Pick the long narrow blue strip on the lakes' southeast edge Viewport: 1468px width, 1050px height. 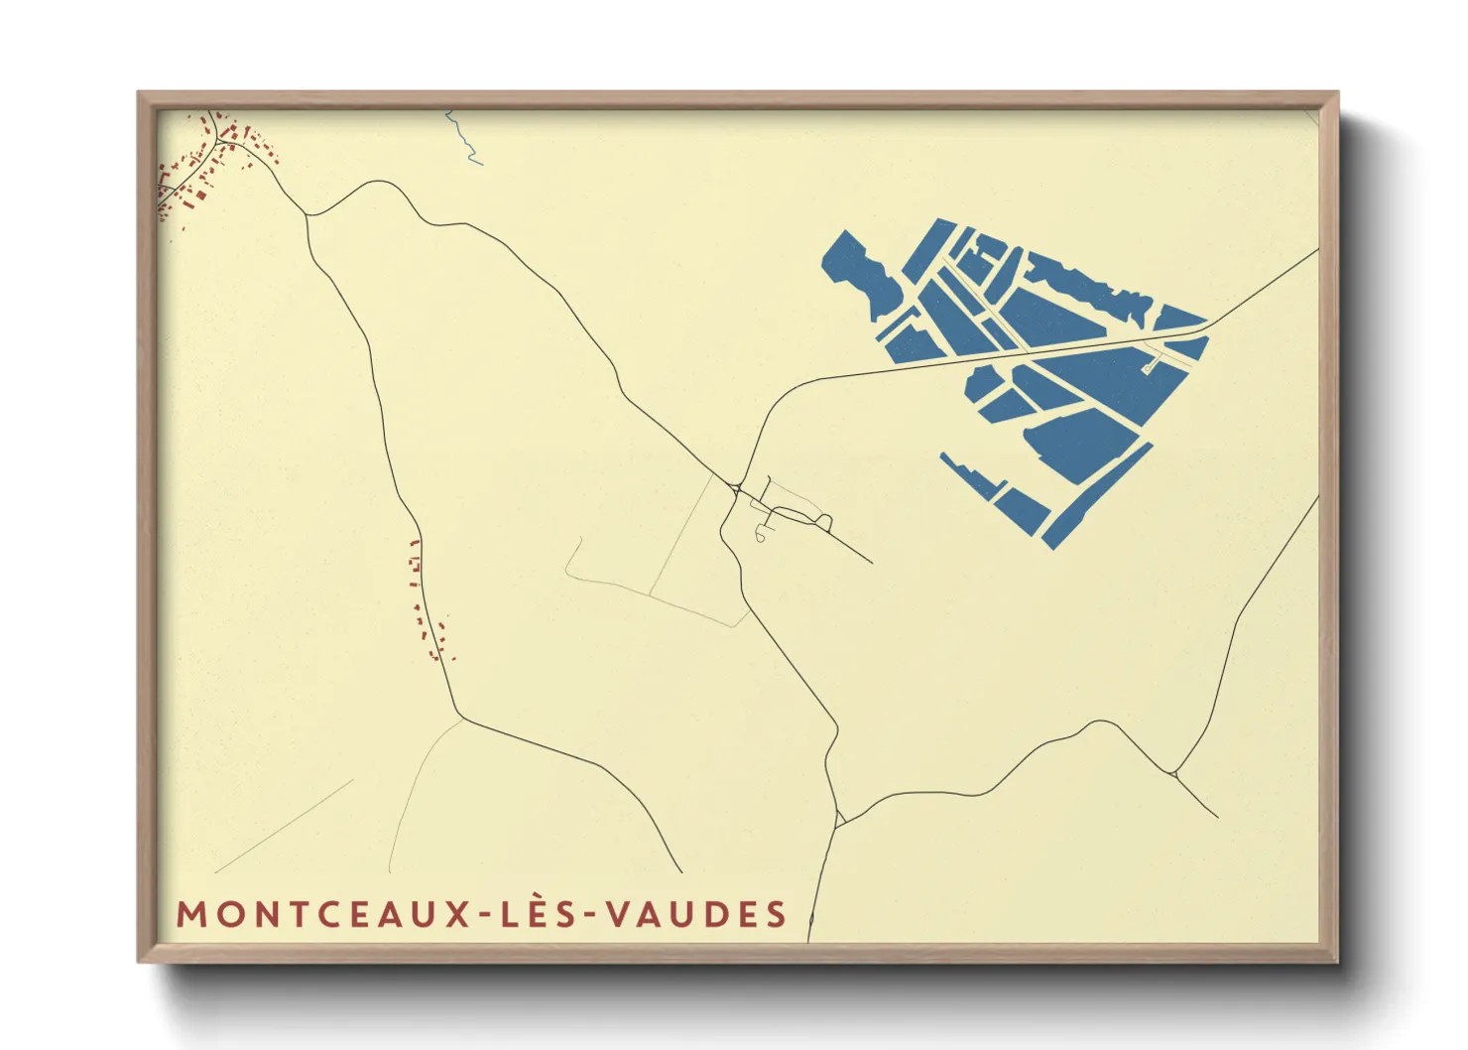[1096, 496]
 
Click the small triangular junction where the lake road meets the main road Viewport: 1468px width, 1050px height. [736, 487]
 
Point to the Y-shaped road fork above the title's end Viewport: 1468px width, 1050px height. [839, 819]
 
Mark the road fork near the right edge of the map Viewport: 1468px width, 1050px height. [1175, 772]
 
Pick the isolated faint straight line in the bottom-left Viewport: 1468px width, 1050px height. [284, 826]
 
